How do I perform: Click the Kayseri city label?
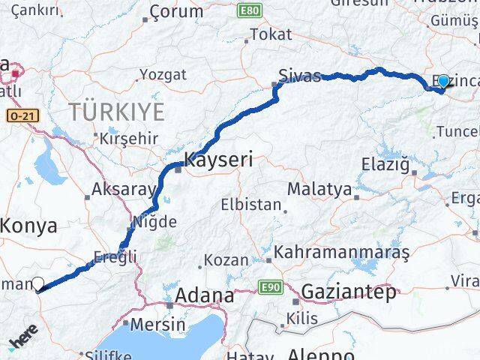(x=218, y=160)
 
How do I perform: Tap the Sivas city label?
(x=299, y=75)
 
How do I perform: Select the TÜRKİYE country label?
(x=116, y=112)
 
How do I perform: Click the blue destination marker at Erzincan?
(x=442, y=82)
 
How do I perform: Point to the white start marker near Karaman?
(x=38, y=284)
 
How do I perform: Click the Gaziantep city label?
(x=348, y=292)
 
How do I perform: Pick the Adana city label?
(x=204, y=296)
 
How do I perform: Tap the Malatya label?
(x=319, y=189)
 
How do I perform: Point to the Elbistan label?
(x=251, y=204)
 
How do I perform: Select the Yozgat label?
(x=162, y=74)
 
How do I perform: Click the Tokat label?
(x=271, y=34)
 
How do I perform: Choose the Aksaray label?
(x=122, y=190)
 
